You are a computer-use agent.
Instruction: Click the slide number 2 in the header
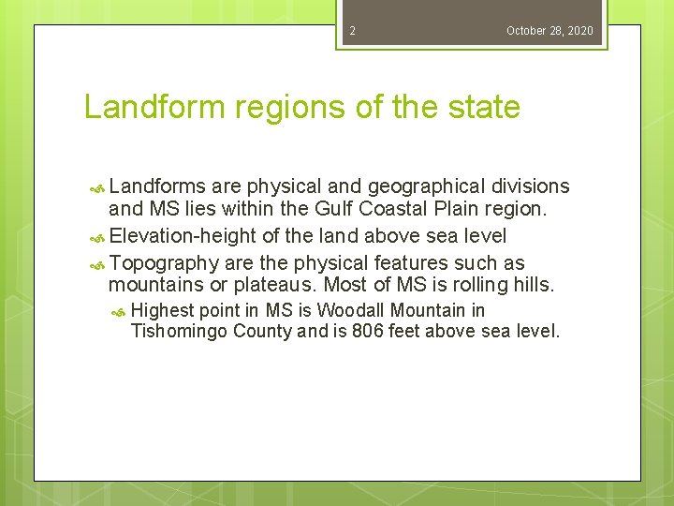pos(352,31)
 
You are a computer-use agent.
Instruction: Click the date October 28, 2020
pos(549,31)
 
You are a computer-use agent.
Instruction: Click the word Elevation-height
pos(183,236)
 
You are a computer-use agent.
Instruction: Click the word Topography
pos(164,263)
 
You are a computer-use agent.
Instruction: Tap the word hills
pos(531,286)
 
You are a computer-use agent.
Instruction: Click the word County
pos(262,331)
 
